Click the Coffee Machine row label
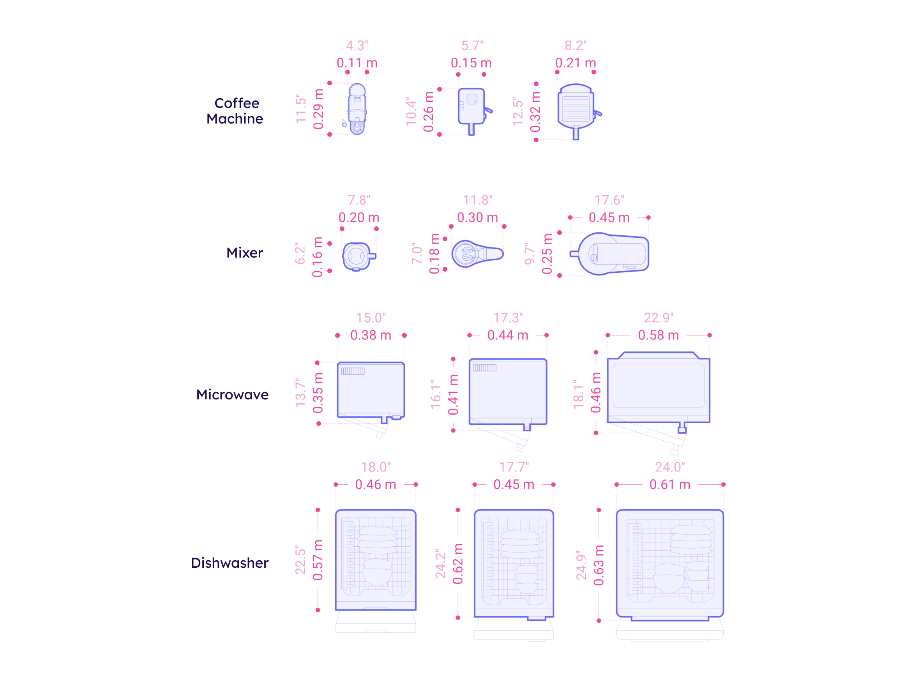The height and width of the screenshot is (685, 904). (x=235, y=111)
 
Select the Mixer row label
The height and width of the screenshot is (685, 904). (x=244, y=253)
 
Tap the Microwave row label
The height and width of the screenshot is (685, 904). (x=232, y=395)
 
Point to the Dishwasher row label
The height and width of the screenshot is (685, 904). (x=230, y=563)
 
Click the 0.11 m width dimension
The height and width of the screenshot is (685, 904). (x=357, y=64)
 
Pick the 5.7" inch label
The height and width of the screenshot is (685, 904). (x=472, y=46)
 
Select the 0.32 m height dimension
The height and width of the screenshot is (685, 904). (x=535, y=112)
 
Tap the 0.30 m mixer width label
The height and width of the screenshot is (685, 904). (x=477, y=218)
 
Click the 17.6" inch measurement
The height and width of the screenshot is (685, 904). (x=609, y=200)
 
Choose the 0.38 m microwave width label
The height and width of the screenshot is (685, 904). (x=371, y=335)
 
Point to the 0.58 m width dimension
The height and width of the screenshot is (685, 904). (x=659, y=335)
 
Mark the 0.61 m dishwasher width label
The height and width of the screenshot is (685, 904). (x=670, y=485)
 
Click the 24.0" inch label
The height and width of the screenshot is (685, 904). (x=670, y=467)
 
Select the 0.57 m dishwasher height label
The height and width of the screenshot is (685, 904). (x=318, y=560)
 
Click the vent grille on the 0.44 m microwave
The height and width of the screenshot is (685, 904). (x=485, y=368)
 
